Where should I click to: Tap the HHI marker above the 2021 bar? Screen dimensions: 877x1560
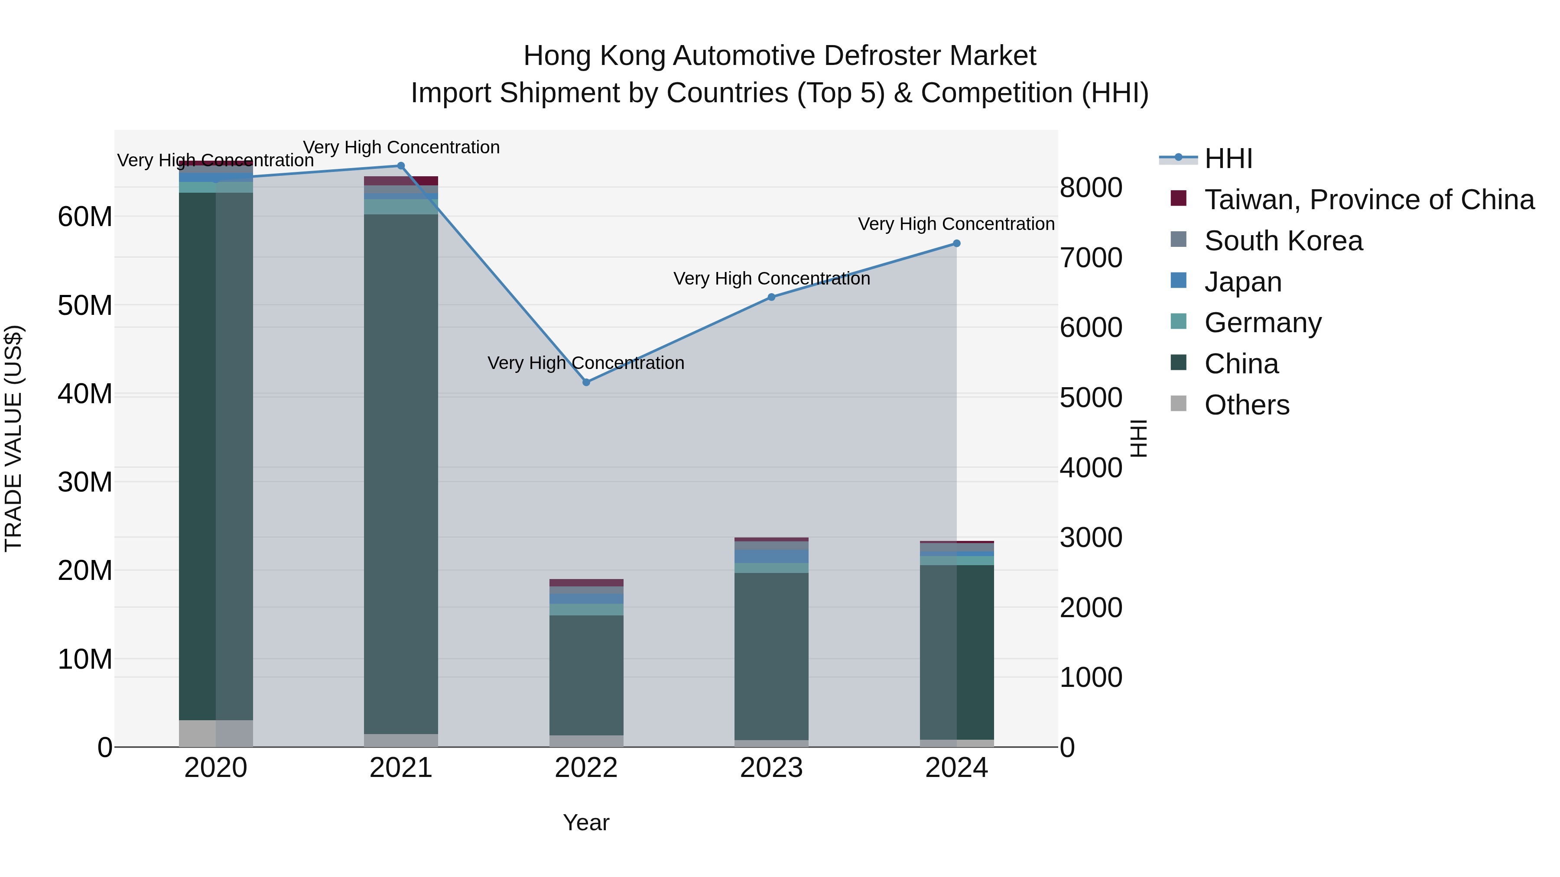click(x=400, y=166)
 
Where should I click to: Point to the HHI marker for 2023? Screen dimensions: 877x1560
click(x=771, y=297)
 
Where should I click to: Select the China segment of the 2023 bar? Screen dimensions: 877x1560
click(x=771, y=656)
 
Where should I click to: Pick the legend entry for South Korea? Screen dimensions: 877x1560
click(x=1283, y=241)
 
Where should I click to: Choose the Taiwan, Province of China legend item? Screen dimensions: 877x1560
click(x=1368, y=200)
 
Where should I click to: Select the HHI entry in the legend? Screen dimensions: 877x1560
click(x=1228, y=159)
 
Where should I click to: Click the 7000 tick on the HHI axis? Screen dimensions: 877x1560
click(x=1091, y=258)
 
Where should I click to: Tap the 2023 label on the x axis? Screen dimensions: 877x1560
click(x=771, y=768)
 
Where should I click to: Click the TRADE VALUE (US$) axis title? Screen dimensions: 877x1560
click(x=13, y=438)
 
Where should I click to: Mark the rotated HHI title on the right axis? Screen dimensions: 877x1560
click(x=1138, y=438)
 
